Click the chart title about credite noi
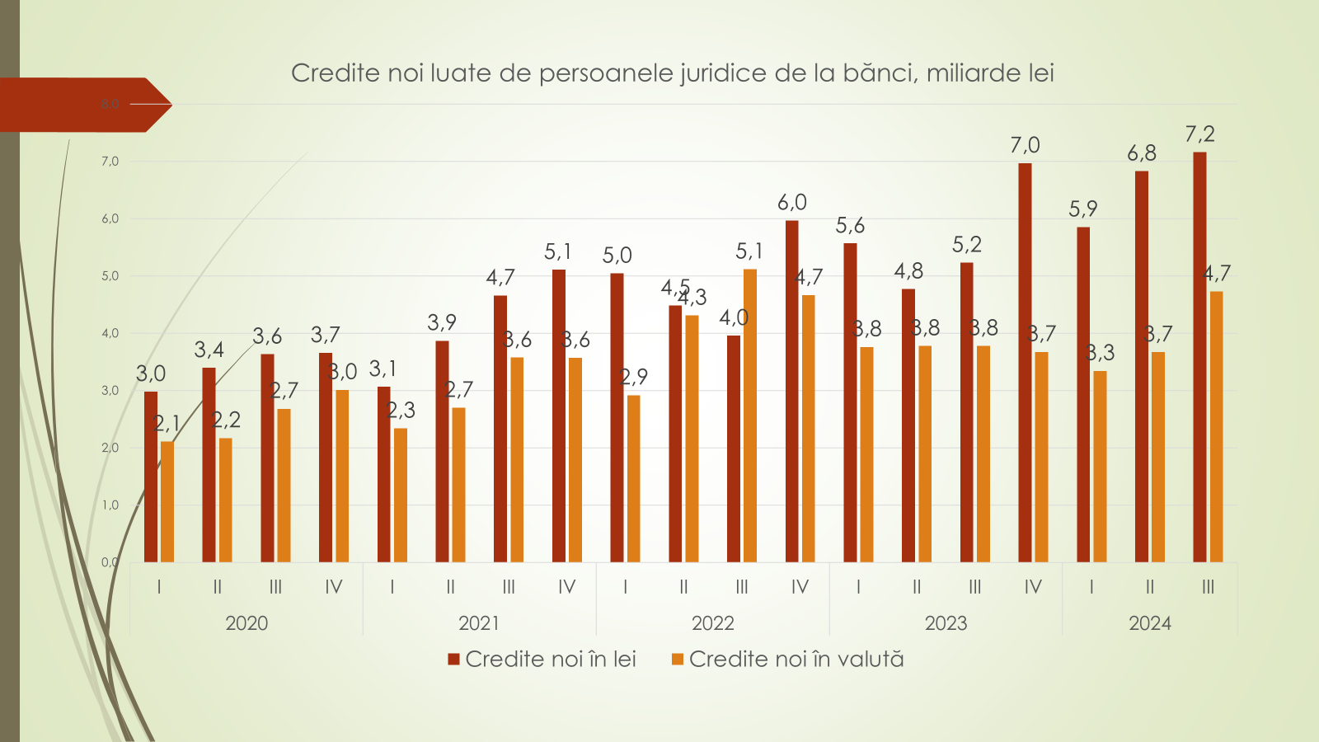[x=672, y=73]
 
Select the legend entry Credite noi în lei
[x=542, y=660]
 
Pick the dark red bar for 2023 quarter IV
[x=1025, y=363]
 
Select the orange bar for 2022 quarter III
[x=750, y=416]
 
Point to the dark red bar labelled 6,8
[x=1142, y=366]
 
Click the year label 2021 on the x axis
[x=479, y=623]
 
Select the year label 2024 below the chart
[x=1150, y=623]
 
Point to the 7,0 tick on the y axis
[x=110, y=162]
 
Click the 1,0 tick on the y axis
[x=110, y=505]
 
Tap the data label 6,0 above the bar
[x=792, y=203]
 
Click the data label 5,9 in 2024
[x=1083, y=209]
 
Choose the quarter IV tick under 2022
[x=800, y=587]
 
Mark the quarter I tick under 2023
[x=858, y=587]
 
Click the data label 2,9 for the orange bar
[x=634, y=377]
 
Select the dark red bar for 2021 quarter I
[x=383, y=474]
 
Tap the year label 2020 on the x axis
[x=246, y=623]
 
